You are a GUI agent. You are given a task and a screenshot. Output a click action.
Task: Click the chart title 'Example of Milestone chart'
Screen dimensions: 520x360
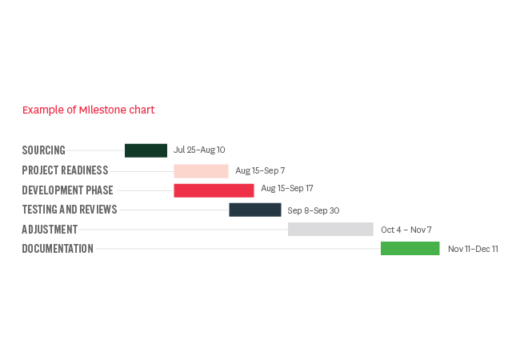[x=89, y=110]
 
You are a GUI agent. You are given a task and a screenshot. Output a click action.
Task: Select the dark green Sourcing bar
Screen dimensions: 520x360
[x=146, y=150]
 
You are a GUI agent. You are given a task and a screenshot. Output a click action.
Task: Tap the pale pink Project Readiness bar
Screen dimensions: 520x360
[x=201, y=171]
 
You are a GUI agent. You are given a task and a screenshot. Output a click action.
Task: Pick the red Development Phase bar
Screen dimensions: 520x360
[x=214, y=190]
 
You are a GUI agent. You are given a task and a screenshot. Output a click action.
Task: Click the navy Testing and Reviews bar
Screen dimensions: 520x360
[x=255, y=210]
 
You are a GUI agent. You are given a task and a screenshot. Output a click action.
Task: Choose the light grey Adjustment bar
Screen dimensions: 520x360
[x=330, y=229]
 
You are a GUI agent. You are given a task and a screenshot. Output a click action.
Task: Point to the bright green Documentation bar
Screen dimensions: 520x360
[x=410, y=248]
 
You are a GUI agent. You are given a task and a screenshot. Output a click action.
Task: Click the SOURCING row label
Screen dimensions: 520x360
[x=44, y=150]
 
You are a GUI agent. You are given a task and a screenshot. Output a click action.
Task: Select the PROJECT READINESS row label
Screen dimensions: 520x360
[x=65, y=170]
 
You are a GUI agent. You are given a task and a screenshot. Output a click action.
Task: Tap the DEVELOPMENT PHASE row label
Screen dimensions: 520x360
[x=68, y=190]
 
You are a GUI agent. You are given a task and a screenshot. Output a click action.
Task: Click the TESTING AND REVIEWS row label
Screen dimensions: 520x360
[x=70, y=210]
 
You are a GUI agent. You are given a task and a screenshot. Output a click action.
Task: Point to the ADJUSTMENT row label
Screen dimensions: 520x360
[x=50, y=230]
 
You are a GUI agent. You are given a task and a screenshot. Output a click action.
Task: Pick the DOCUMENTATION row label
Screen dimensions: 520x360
[x=58, y=249]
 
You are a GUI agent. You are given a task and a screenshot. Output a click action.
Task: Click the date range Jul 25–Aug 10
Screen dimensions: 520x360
[x=199, y=150]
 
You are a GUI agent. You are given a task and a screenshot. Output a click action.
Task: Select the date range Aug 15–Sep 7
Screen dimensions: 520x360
[x=260, y=170]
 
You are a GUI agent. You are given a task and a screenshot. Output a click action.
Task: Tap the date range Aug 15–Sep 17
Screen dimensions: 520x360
[x=287, y=188]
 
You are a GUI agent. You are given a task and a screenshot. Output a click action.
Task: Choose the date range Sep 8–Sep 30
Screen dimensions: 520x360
[x=314, y=210]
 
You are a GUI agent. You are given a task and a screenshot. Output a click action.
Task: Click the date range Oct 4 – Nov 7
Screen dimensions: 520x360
[x=406, y=230]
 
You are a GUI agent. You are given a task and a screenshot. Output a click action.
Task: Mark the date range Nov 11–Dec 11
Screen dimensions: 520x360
[x=473, y=249]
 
